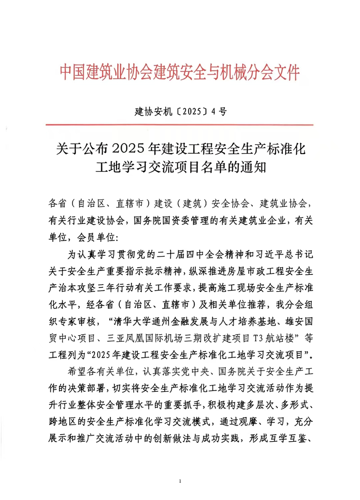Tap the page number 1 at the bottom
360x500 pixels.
pyautogui.click(x=180, y=482)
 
